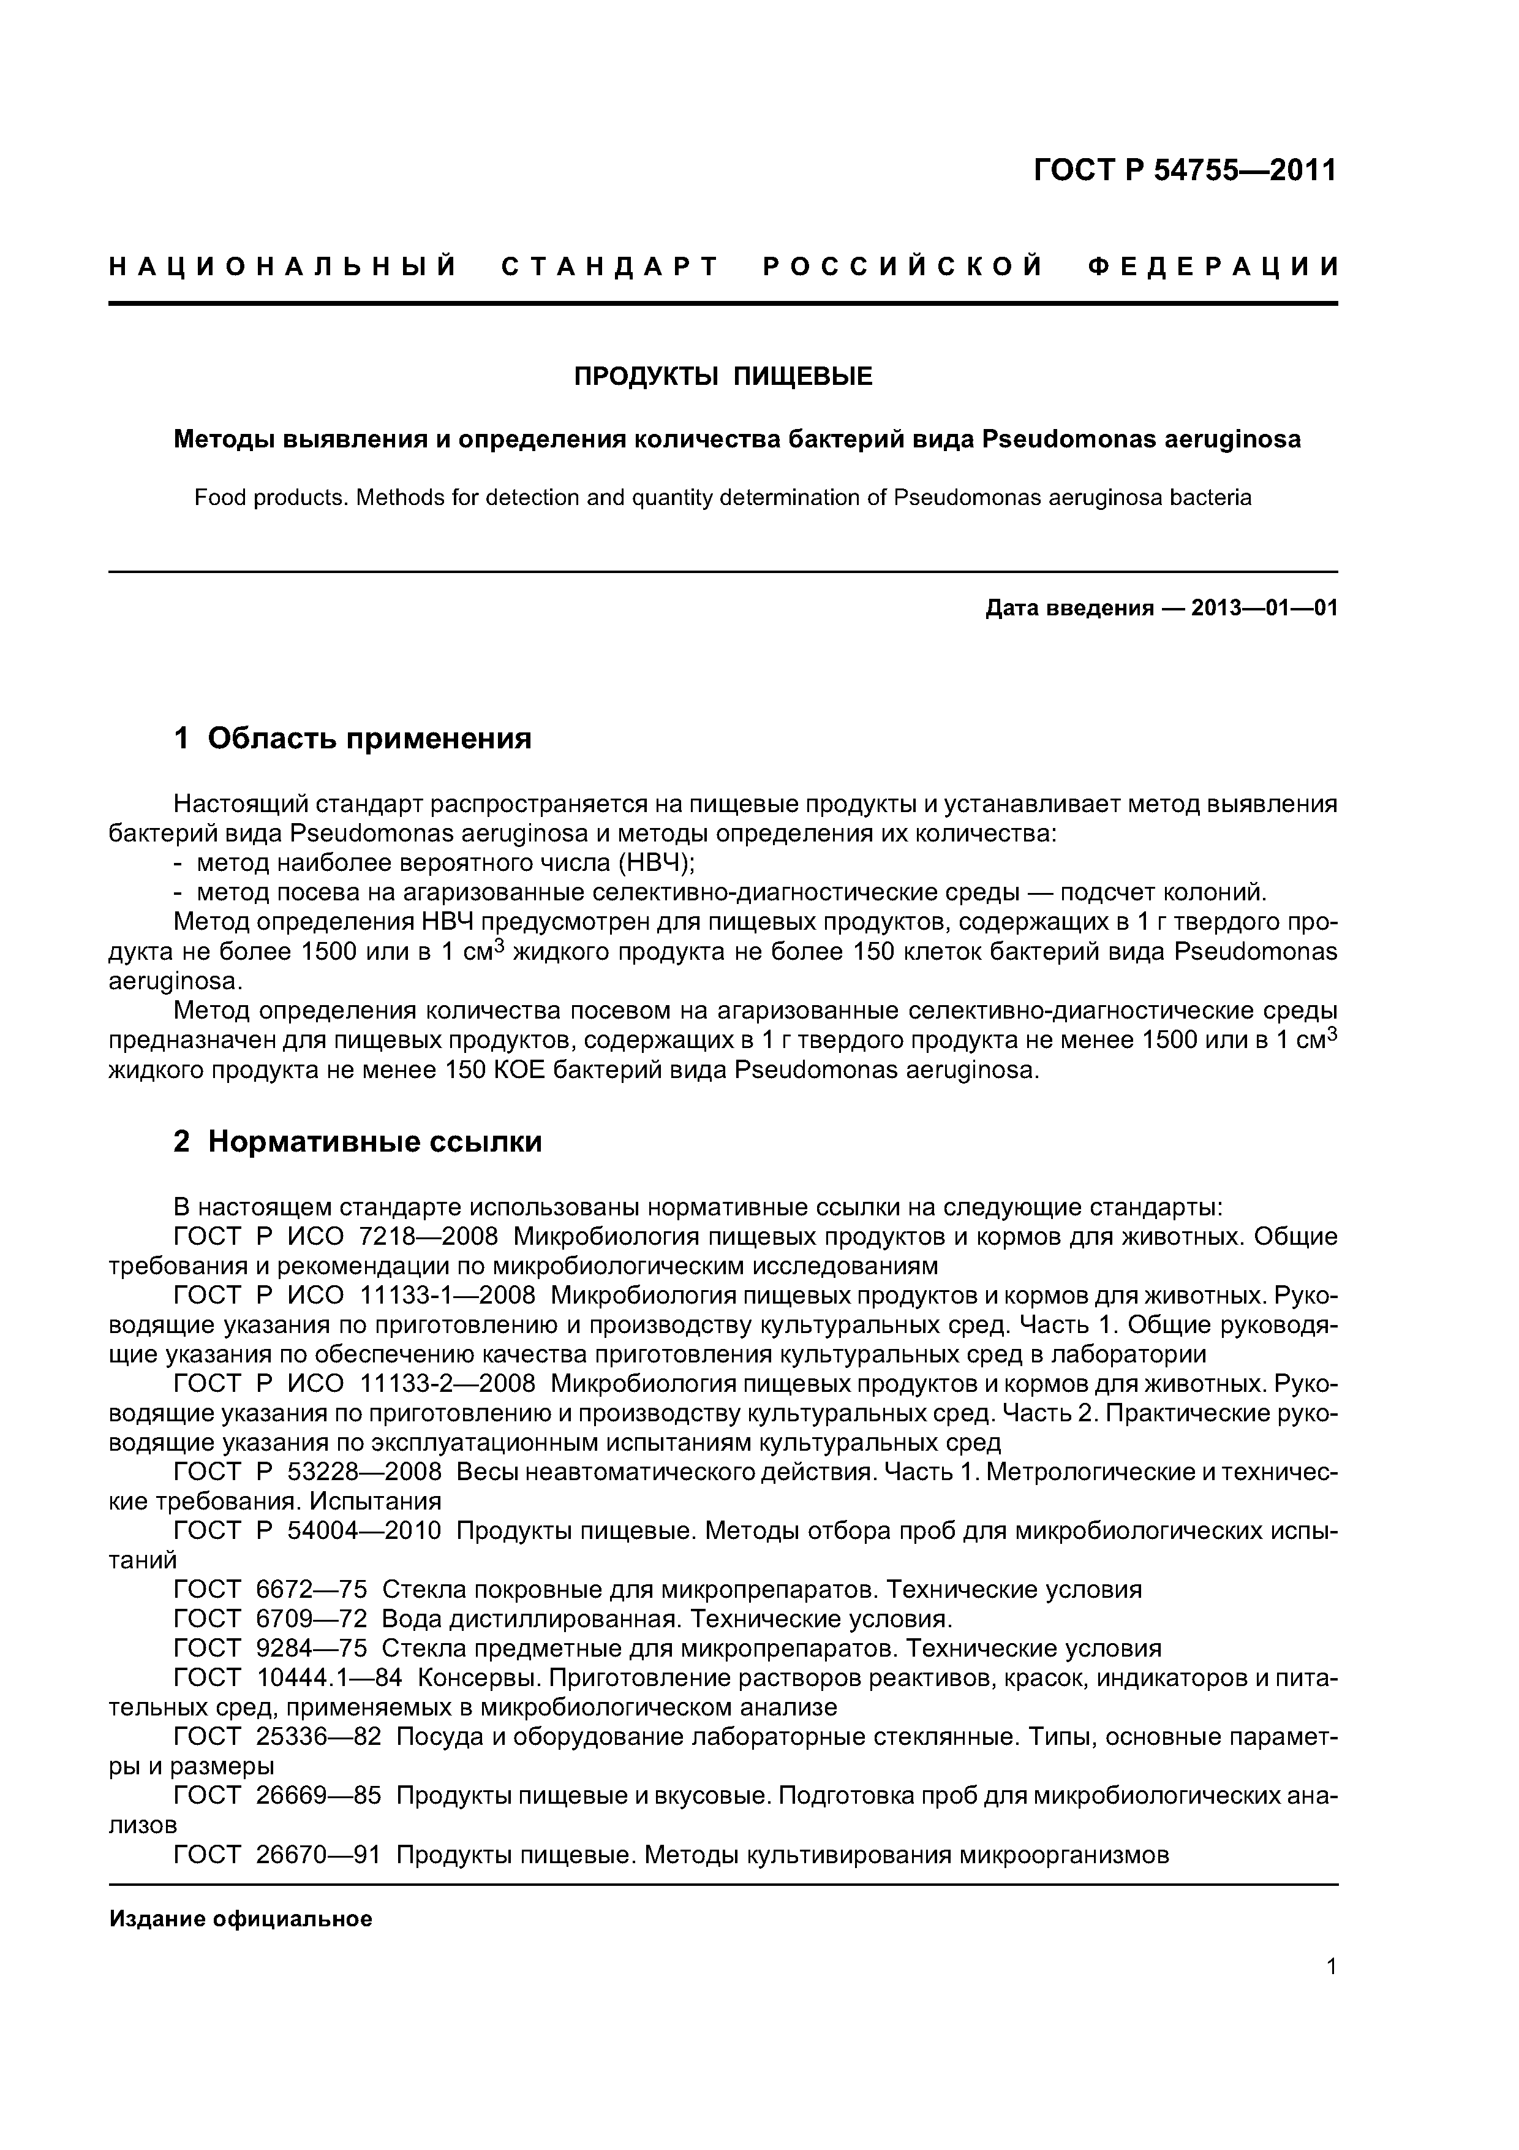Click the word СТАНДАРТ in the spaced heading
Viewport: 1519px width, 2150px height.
tap(610, 268)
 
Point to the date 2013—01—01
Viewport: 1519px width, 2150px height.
tap(1264, 609)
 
